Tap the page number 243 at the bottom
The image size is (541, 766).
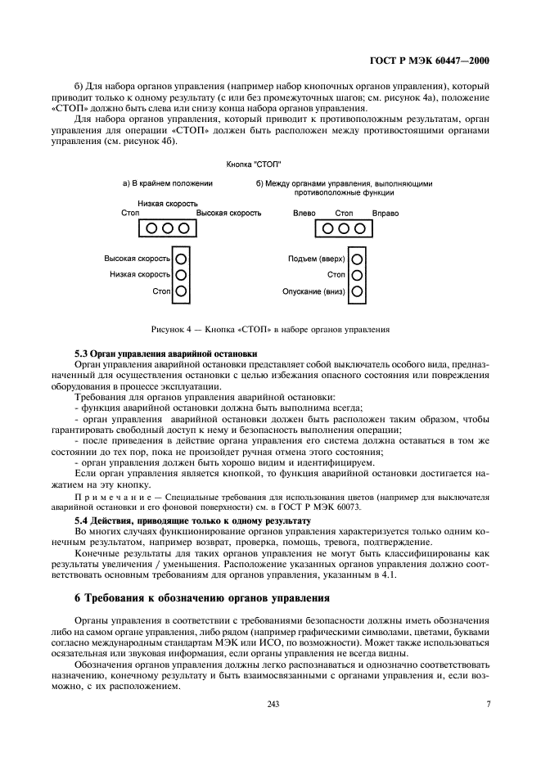pos(269,703)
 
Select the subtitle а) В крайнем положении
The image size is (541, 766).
pos(168,184)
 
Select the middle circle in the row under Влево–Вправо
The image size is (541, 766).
pos(345,229)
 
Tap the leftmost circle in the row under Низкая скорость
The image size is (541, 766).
pos(152,229)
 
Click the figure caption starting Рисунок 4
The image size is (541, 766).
pos(270,330)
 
